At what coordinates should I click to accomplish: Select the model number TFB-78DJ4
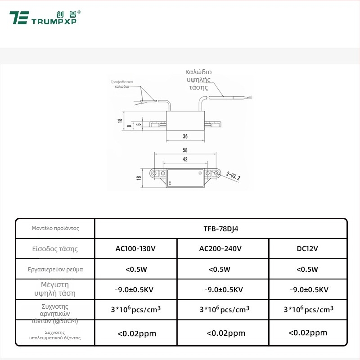(220, 228)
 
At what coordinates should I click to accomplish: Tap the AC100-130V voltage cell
(136, 248)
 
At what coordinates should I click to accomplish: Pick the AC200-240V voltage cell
(223, 248)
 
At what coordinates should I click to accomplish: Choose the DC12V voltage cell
(308, 248)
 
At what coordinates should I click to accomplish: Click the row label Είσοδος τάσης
(55, 248)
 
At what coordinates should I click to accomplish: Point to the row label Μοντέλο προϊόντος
(55, 228)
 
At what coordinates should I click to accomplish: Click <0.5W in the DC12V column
(308, 269)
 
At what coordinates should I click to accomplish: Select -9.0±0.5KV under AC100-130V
(136, 289)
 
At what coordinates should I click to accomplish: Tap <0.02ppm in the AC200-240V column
(226, 333)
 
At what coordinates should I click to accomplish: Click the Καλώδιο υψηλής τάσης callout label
(198, 80)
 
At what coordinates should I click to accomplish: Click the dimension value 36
(185, 136)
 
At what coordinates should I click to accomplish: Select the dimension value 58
(185, 150)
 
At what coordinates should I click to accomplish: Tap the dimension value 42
(185, 159)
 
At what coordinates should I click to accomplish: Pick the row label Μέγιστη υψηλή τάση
(55, 289)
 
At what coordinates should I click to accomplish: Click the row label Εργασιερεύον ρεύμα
(55, 270)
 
